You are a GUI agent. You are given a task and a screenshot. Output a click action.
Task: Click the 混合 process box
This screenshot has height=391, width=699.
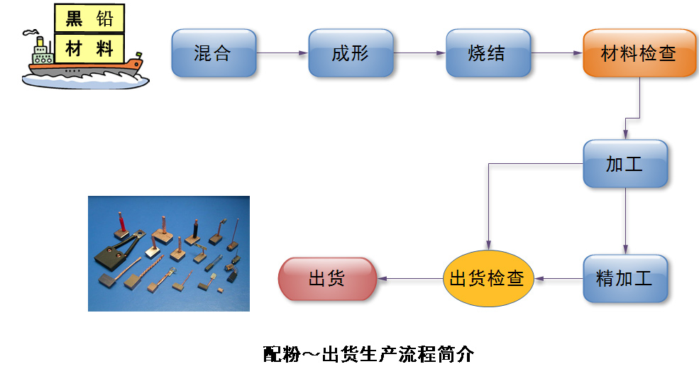[214, 53]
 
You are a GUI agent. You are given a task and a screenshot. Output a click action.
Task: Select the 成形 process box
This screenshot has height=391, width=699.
[351, 53]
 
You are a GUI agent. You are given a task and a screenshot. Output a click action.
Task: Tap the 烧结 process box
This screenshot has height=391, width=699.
[488, 53]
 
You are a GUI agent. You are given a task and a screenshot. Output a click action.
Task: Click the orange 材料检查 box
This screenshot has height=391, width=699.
[639, 53]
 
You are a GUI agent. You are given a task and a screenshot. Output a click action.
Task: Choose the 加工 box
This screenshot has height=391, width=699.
[625, 164]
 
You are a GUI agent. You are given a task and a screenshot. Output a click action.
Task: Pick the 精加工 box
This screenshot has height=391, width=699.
[625, 279]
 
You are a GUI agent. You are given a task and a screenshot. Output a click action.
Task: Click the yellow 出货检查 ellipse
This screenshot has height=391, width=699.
[488, 279]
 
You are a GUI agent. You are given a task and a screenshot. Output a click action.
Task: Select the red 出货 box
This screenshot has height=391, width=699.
[327, 279]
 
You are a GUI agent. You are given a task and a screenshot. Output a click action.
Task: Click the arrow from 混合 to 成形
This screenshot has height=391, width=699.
[282, 53]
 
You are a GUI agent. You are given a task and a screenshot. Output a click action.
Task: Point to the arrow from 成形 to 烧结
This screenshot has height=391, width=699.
[419, 53]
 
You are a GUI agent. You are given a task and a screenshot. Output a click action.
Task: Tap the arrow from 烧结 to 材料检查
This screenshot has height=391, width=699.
[557, 53]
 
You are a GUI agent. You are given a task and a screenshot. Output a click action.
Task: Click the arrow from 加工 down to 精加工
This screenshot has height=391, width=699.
[625, 221]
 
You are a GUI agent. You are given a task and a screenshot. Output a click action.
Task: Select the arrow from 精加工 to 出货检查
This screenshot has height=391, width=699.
[558, 279]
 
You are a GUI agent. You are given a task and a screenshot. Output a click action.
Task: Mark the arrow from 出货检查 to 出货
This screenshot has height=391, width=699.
[410, 279]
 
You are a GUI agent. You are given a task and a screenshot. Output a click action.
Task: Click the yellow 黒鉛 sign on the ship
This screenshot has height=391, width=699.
[89, 18]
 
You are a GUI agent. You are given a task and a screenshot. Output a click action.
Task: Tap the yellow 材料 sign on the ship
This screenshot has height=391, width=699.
[89, 48]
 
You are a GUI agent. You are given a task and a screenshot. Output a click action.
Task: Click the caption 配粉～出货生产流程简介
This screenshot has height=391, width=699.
[369, 354]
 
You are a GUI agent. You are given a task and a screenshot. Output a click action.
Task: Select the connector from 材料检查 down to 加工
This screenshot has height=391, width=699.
[632, 118]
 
